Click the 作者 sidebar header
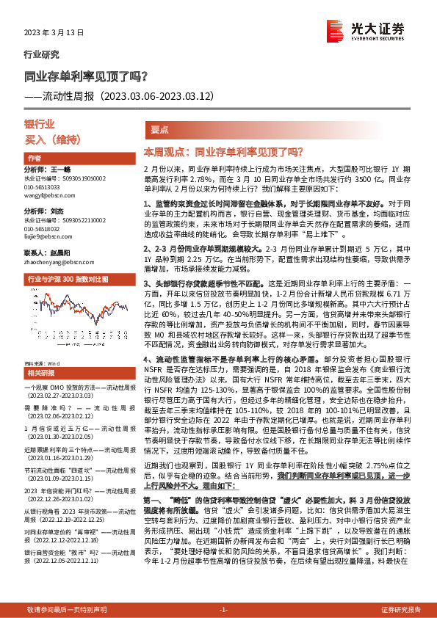34,159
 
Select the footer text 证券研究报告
401,609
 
